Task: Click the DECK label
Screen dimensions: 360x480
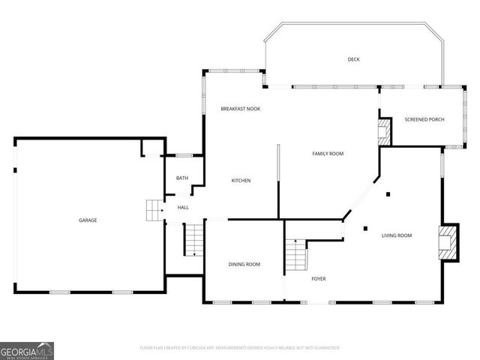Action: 353,59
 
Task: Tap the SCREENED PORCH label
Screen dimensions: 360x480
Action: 424,120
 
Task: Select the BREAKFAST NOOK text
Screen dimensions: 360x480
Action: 240,109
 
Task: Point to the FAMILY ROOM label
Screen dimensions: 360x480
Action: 328,154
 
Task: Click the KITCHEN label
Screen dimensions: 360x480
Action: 241,181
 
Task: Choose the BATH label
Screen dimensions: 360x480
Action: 182,178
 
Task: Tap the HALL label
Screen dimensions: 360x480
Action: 183,208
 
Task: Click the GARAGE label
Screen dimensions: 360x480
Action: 88,220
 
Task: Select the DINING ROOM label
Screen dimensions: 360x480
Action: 244,264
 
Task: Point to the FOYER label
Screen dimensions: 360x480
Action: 319,279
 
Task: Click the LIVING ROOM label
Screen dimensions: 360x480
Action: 397,235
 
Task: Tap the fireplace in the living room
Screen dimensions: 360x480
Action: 448,241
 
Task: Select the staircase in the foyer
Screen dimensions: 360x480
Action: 295,255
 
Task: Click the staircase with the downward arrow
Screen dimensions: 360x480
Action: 193,240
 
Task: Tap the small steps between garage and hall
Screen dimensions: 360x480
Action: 154,211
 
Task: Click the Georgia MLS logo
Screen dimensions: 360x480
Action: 27,350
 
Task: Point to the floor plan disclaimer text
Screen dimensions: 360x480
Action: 240,348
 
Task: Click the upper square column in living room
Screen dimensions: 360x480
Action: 388,195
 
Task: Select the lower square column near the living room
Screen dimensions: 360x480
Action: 364,228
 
